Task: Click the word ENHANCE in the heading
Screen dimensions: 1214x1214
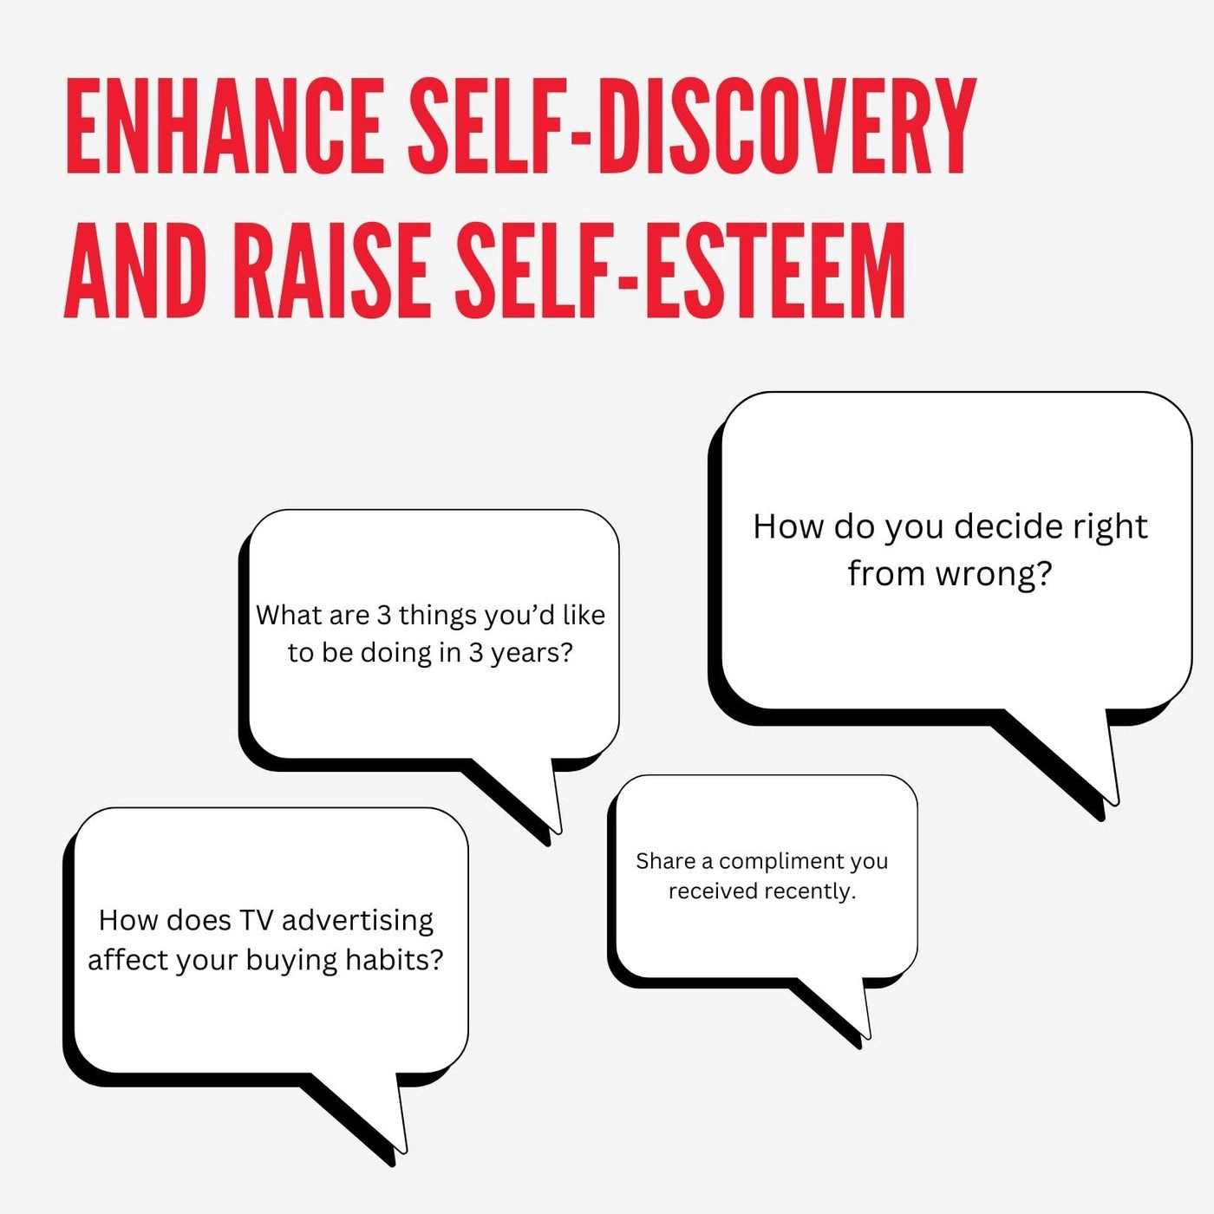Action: tap(225, 126)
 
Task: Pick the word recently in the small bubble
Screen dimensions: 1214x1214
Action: tap(818, 891)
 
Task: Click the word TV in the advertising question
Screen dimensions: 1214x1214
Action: tap(256, 920)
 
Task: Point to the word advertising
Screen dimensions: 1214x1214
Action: tap(357, 921)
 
